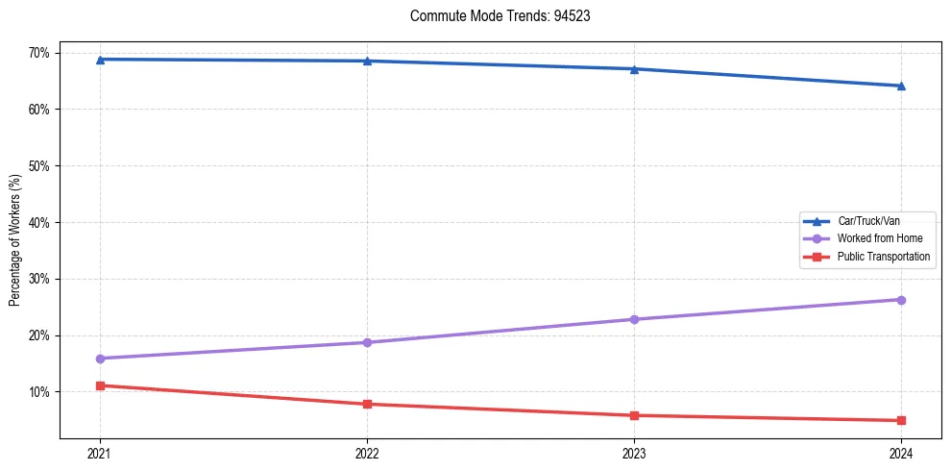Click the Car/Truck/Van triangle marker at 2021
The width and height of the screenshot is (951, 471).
tap(100, 60)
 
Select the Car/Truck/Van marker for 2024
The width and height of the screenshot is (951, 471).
tap(901, 86)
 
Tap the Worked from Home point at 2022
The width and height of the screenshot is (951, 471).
tap(367, 342)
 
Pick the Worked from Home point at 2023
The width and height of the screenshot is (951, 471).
tap(634, 319)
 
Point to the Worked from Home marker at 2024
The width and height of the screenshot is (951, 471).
tap(901, 300)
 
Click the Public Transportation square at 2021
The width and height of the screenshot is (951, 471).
tap(100, 385)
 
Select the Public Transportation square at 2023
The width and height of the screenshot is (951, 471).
tap(634, 415)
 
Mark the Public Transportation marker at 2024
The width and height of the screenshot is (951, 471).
tap(901, 420)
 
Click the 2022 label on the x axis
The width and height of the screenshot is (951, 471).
tap(367, 453)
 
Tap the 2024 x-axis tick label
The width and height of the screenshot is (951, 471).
tap(901, 453)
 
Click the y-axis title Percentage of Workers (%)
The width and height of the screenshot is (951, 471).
tap(15, 240)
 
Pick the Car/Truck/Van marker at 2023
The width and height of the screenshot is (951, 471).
tap(634, 69)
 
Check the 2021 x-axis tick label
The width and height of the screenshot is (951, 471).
tap(100, 453)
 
